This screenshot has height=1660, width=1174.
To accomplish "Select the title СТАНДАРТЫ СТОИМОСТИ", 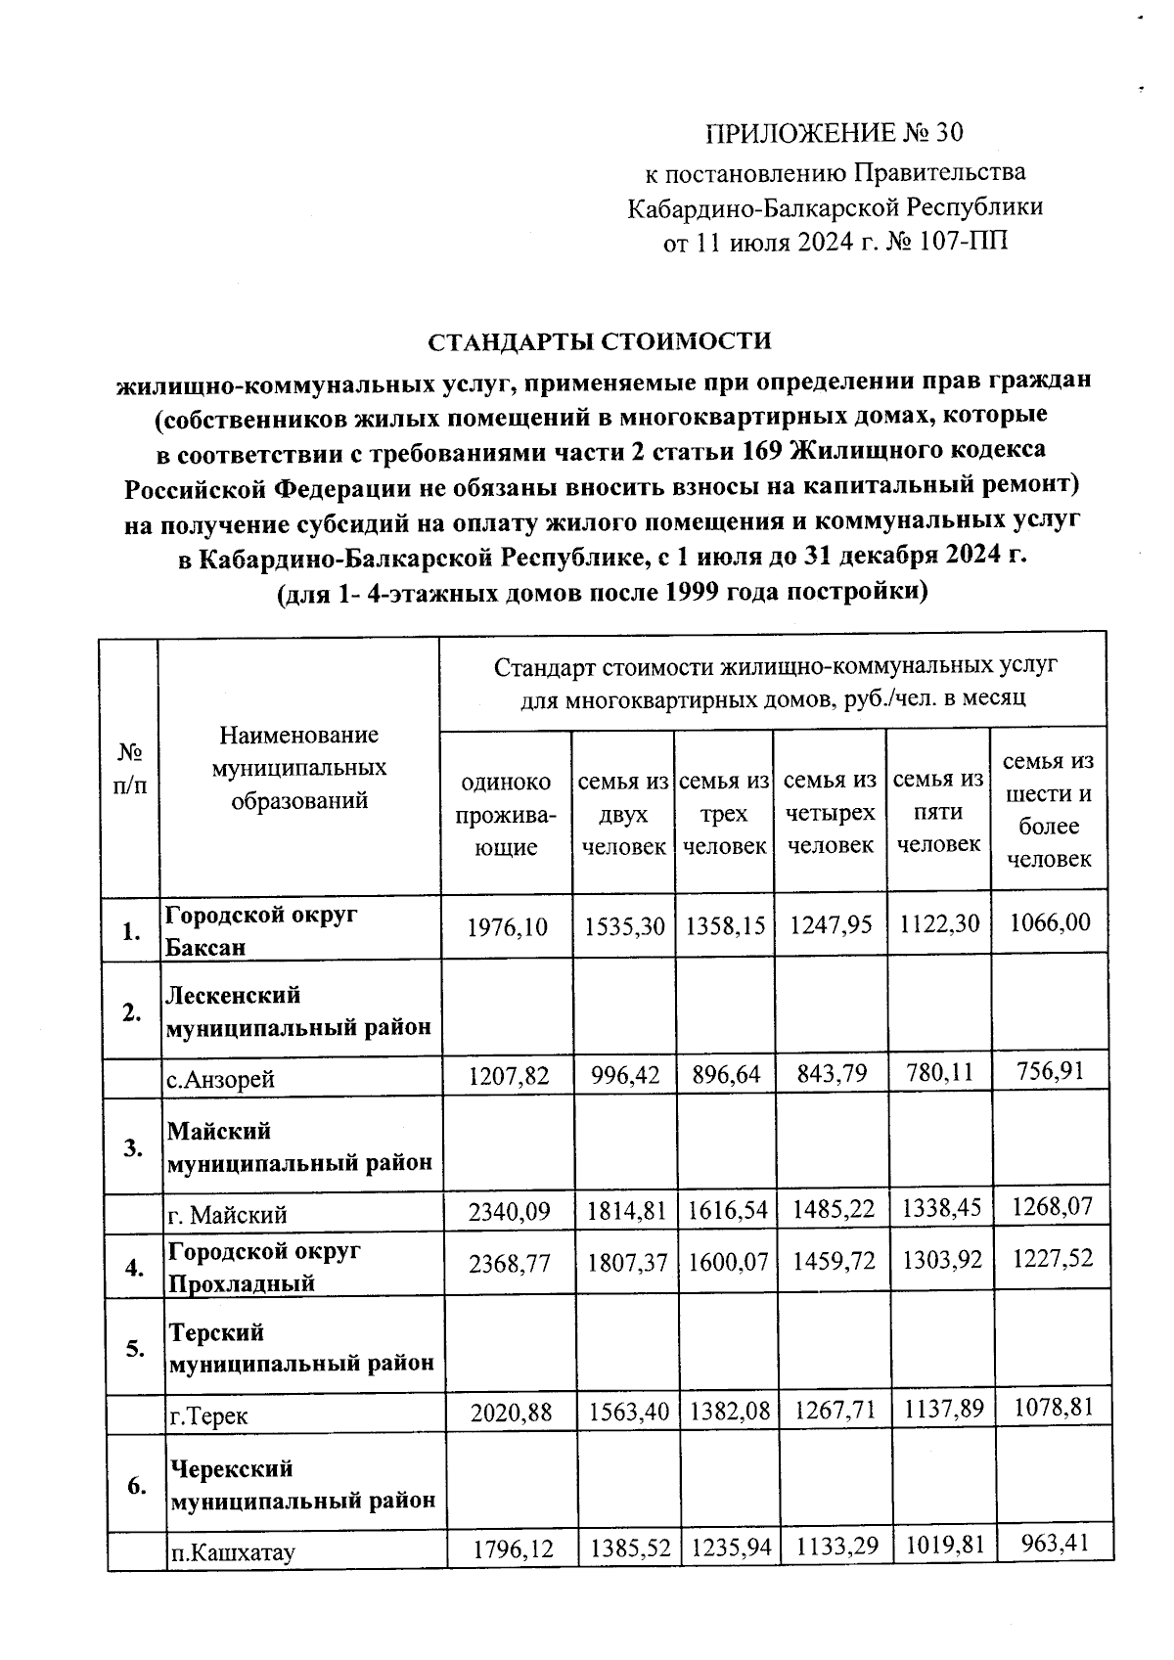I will click(600, 341).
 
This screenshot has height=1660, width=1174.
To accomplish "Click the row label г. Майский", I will click(227, 1215).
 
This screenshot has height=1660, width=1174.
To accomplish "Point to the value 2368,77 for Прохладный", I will click(509, 1263).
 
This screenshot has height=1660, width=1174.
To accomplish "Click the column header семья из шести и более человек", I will click(1048, 810).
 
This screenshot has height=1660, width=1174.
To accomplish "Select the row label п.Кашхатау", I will click(233, 1551).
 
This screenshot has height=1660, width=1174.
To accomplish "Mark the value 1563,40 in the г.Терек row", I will click(625, 1412).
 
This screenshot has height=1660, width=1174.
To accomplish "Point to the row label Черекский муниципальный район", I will click(302, 1484).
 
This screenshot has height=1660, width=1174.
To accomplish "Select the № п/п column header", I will click(131, 768).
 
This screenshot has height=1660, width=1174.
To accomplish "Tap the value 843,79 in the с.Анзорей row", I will click(830, 1075).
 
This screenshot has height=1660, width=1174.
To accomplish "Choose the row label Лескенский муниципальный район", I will click(298, 1011).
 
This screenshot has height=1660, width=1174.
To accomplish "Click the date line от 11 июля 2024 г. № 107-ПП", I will click(835, 242).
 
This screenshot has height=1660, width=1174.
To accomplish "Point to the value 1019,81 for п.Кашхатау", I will click(938, 1548).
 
